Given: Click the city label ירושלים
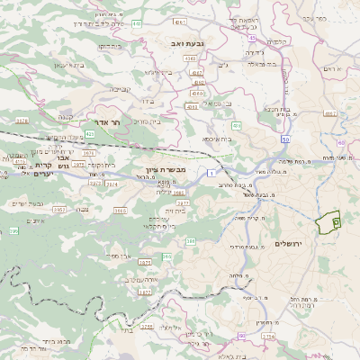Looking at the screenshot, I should tap(315, 244).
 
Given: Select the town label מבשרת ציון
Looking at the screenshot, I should tap(164, 169).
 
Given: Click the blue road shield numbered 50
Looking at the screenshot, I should tap(285, 139).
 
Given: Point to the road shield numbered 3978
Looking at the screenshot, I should tap(22, 120).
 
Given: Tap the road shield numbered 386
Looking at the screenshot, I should tap(191, 241).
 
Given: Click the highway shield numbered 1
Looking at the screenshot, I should tap(211, 172).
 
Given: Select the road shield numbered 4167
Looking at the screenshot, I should tap(330, 113).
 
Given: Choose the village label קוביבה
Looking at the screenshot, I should tap(121, 90).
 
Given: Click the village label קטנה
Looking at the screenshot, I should tap(64, 117).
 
